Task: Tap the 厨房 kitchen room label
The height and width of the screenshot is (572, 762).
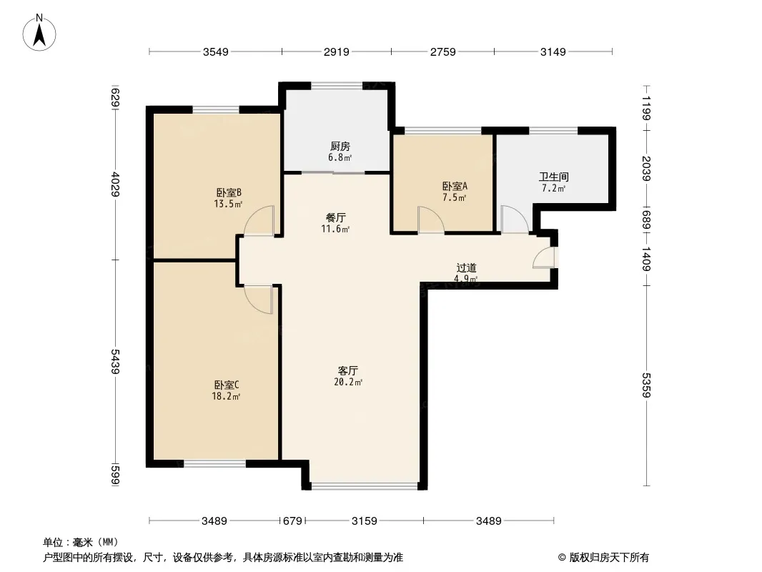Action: click(340, 147)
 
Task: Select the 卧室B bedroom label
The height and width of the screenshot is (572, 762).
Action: click(228, 192)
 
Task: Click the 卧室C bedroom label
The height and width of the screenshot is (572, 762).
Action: click(227, 385)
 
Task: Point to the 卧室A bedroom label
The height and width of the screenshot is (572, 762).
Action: click(455, 186)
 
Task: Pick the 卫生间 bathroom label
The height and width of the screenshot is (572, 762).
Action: click(553, 177)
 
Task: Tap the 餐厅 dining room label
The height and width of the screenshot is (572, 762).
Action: click(336, 218)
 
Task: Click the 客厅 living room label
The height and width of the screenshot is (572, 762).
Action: click(348, 370)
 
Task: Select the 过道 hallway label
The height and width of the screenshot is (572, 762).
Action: click(467, 268)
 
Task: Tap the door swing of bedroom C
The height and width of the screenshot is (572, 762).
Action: click(258, 300)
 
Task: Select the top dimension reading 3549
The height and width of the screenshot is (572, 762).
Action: click(216, 52)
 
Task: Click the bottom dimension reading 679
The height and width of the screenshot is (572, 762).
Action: click(292, 521)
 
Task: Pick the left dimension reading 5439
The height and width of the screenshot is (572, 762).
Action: click(115, 362)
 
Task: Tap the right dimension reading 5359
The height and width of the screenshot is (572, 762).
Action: click(646, 385)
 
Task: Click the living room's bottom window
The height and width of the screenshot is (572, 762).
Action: click(364, 485)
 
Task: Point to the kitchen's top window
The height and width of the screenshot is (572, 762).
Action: click(337, 86)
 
